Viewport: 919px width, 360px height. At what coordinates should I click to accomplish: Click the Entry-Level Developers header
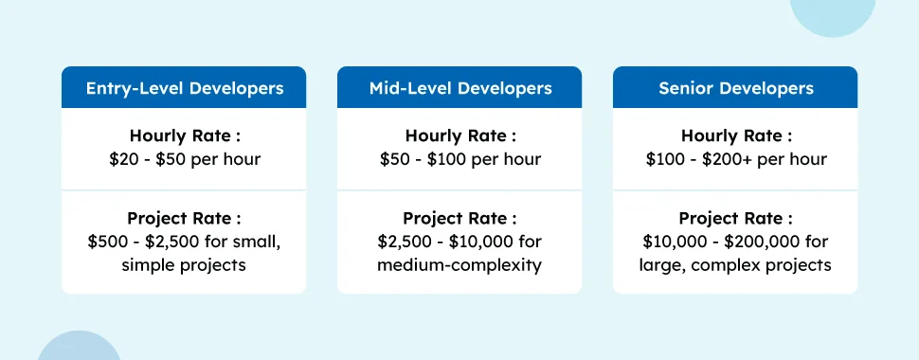tap(184, 88)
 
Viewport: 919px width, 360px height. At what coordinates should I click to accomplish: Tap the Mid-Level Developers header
tap(460, 88)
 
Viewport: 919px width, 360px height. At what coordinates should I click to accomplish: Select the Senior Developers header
tap(735, 88)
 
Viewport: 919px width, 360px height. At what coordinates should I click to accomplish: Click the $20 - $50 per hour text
tap(185, 159)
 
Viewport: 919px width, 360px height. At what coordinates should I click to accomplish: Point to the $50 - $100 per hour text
tap(460, 159)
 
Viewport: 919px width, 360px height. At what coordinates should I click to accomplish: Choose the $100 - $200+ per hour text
tap(736, 159)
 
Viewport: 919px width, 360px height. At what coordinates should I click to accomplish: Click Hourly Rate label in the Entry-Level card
tap(185, 136)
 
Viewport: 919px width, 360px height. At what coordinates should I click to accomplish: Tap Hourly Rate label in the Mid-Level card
tap(460, 136)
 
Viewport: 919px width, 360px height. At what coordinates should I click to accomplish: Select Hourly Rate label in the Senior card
tap(736, 136)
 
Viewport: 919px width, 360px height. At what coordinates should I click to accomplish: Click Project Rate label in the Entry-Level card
tap(184, 219)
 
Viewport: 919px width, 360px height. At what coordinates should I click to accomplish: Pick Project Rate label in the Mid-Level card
tap(460, 219)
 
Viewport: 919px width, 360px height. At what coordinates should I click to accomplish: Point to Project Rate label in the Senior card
tap(735, 219)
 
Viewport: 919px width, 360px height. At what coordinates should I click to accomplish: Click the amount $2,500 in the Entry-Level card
tap(184, 242)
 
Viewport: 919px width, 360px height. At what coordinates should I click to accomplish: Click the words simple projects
tap(184, 265)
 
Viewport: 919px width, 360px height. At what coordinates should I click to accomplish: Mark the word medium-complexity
tap(459, 265)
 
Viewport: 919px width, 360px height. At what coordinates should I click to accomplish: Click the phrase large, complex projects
tap(735, 265)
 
